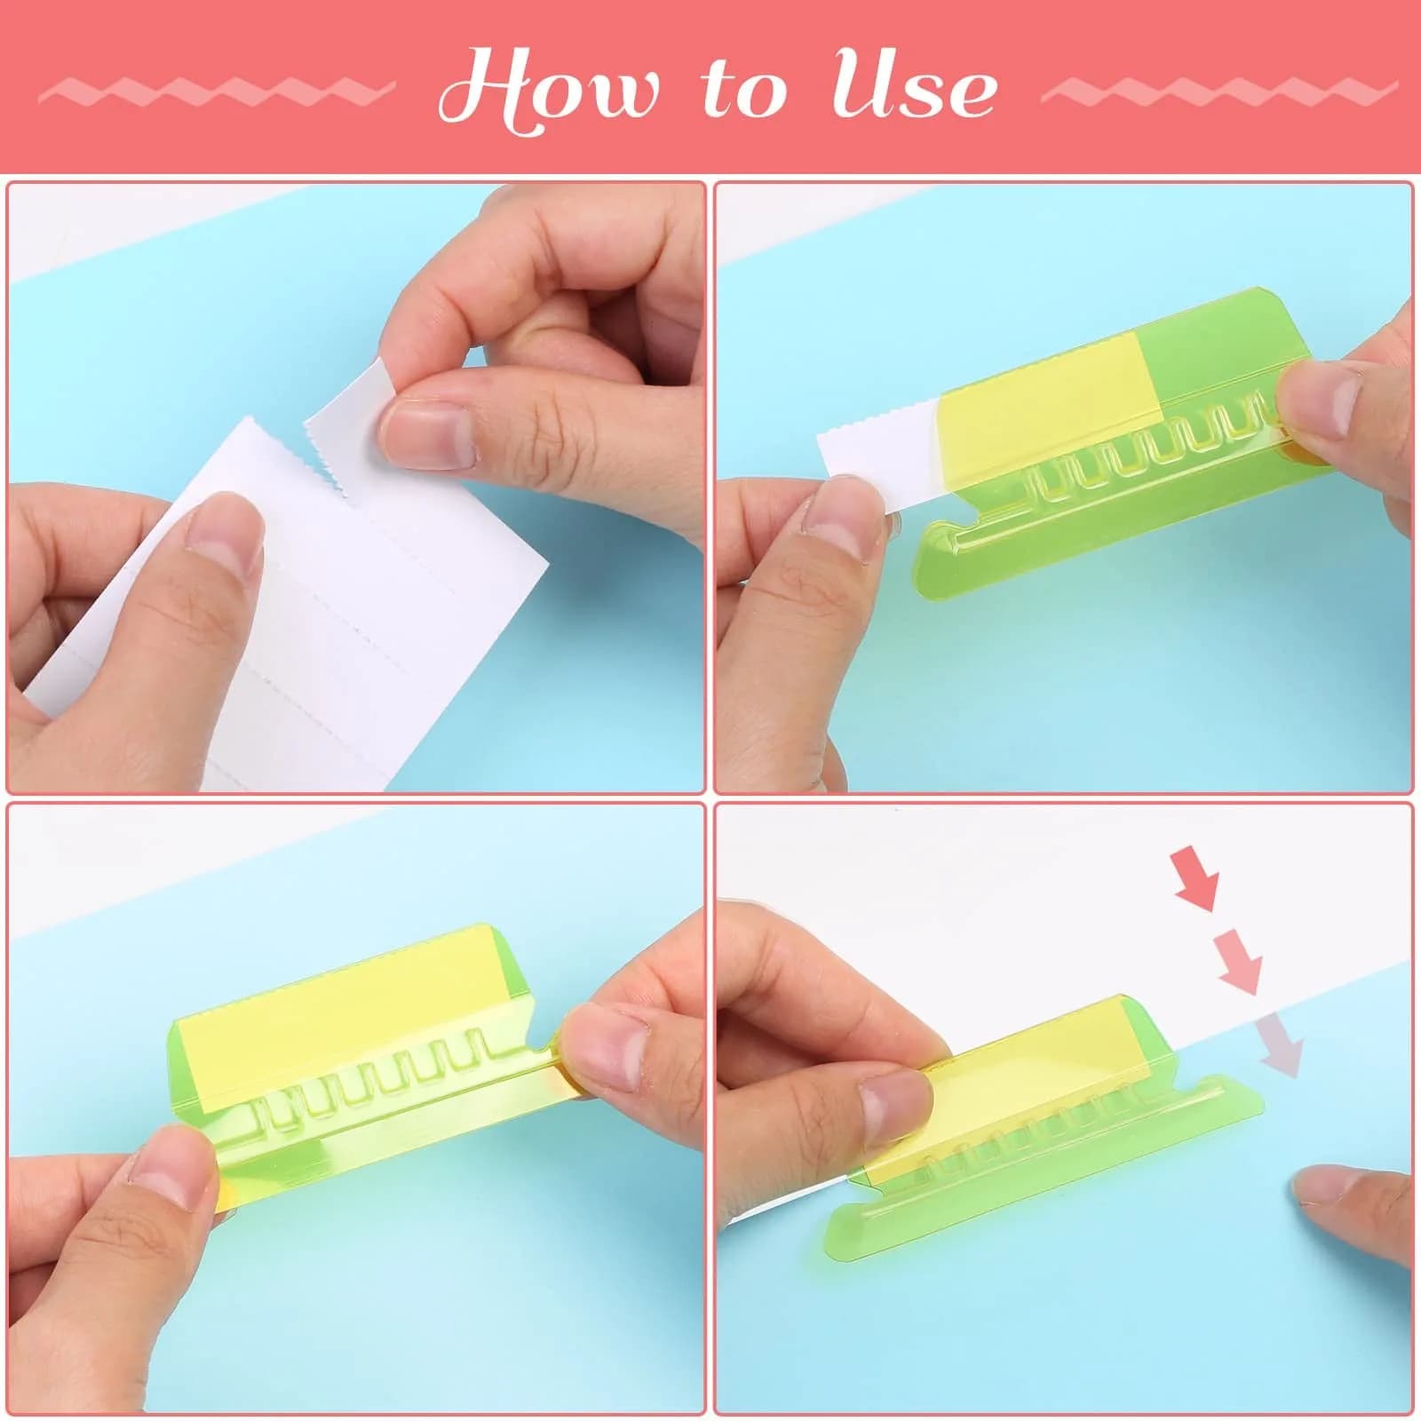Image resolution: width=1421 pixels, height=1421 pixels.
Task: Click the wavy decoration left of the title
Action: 218,91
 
